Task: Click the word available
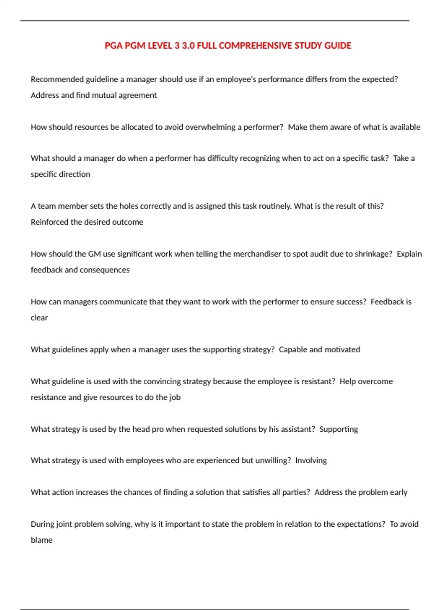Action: pos(405,127)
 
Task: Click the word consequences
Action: pos(108,270)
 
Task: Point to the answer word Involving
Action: pos(311,460)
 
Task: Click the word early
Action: pos(398,492)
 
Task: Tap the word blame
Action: pos(42,540)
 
